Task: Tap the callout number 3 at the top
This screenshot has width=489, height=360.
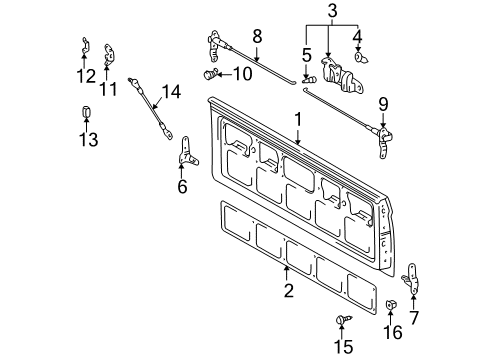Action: click(x=331, y=11)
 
